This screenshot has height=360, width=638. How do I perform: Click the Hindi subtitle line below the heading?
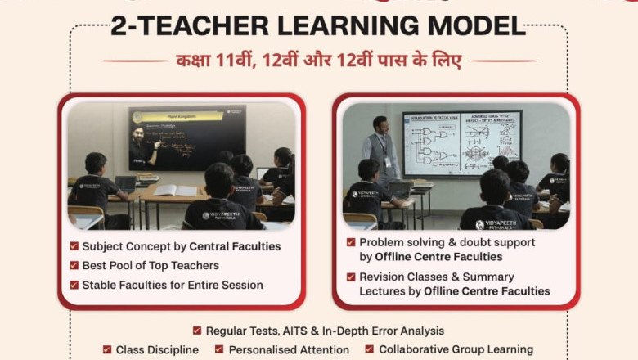point(318,61)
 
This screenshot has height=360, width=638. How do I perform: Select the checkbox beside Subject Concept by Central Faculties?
point(74,246)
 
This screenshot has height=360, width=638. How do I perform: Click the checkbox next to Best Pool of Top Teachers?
point(74,266)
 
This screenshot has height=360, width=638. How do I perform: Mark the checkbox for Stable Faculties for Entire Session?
point(74,286)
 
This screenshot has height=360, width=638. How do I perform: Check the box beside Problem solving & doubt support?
point(351,243)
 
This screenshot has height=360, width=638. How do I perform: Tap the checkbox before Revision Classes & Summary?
point(351,277)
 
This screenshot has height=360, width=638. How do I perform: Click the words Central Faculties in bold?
point(235,246)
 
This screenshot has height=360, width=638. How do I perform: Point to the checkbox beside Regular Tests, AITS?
point(197,331)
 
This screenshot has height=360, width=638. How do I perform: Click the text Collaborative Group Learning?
point(456,350)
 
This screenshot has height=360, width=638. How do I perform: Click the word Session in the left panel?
point(242,286)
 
